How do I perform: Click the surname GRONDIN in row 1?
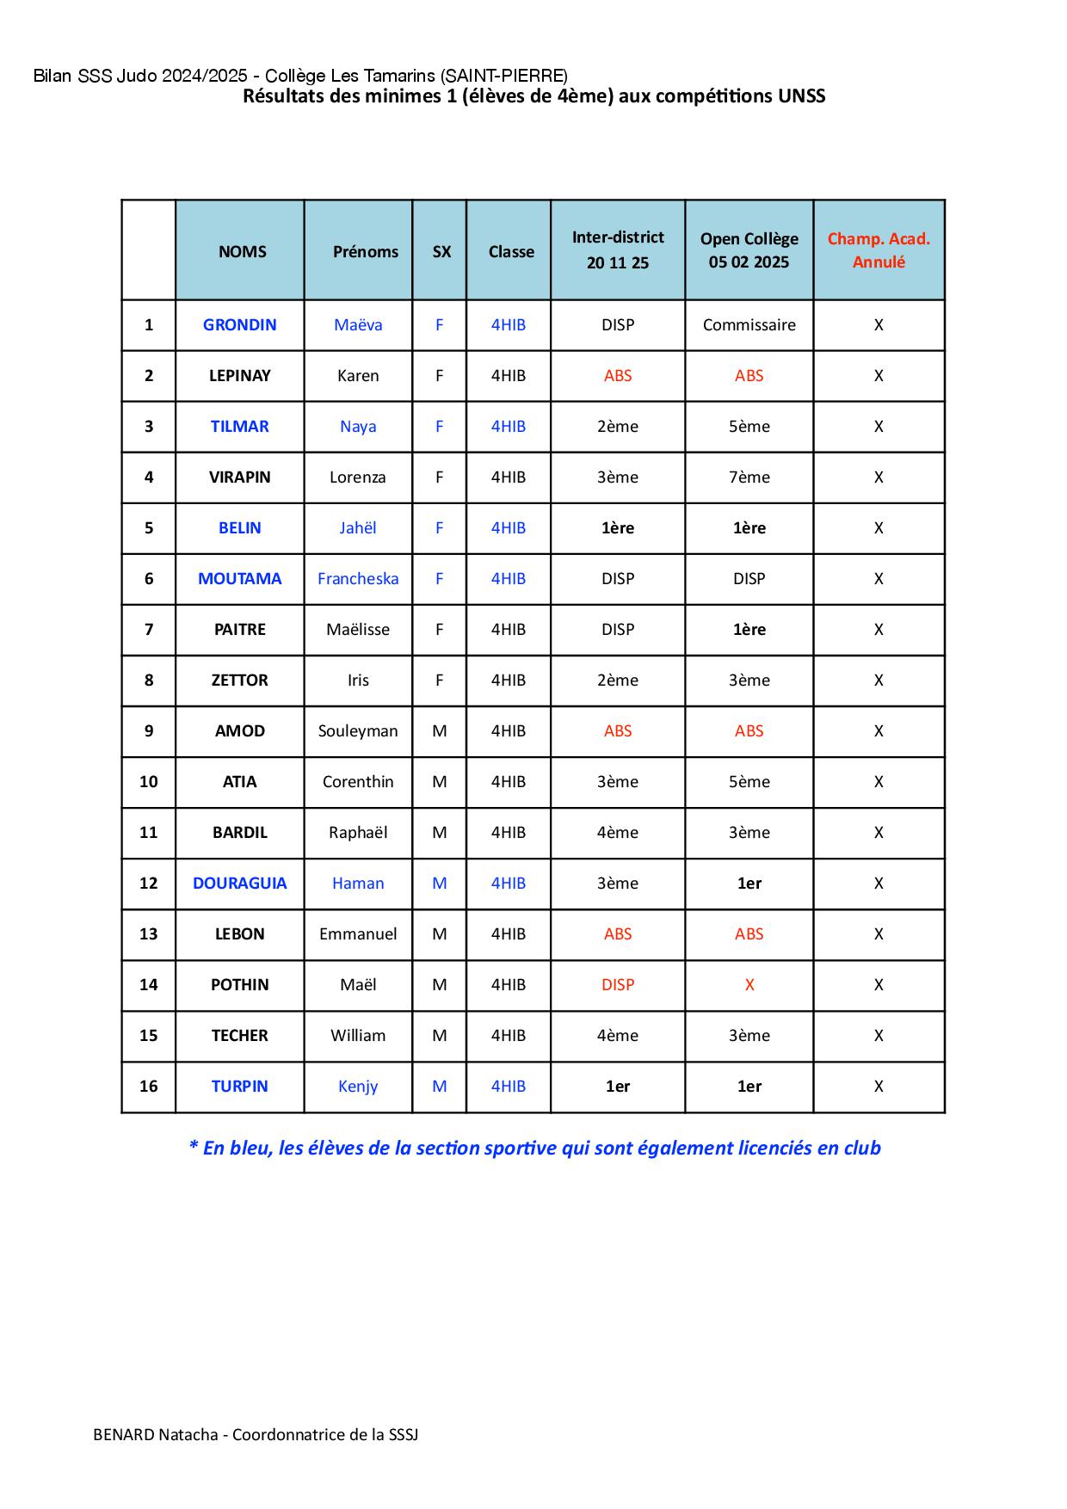point(239,325)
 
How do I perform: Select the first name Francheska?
point(358,579)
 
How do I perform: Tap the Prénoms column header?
point(366,252)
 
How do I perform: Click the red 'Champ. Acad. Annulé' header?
point(879,250)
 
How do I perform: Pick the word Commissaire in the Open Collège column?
point(749,325)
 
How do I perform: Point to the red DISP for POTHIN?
point(618,985)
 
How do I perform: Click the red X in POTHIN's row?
point(749,985)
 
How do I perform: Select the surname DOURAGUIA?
point(239,884)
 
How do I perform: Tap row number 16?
point(149,1087)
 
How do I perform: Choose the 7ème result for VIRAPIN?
point(749,477)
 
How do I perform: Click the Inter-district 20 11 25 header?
point(618,250)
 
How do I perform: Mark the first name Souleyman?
point(358,731)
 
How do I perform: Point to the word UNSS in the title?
point(801,96)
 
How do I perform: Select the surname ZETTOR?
point(239,681)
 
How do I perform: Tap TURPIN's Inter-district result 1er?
point(618,1087)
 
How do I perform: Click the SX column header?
point(441,252)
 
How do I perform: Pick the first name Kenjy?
point(358,1087)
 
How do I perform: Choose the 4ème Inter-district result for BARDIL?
point(618,833)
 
